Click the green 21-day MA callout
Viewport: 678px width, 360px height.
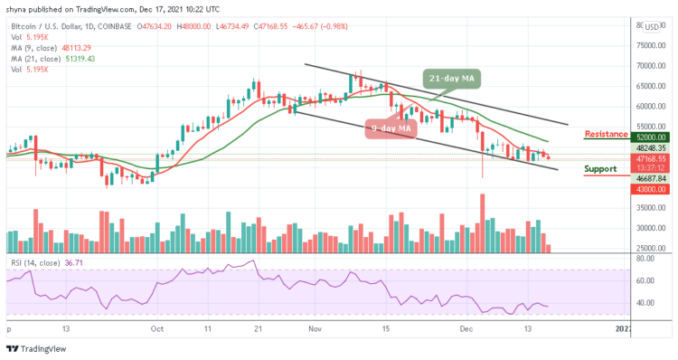tap(452, 80)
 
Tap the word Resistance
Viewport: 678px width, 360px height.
tap(607, 134)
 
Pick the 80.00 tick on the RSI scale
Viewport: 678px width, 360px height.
tap(643, 259)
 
